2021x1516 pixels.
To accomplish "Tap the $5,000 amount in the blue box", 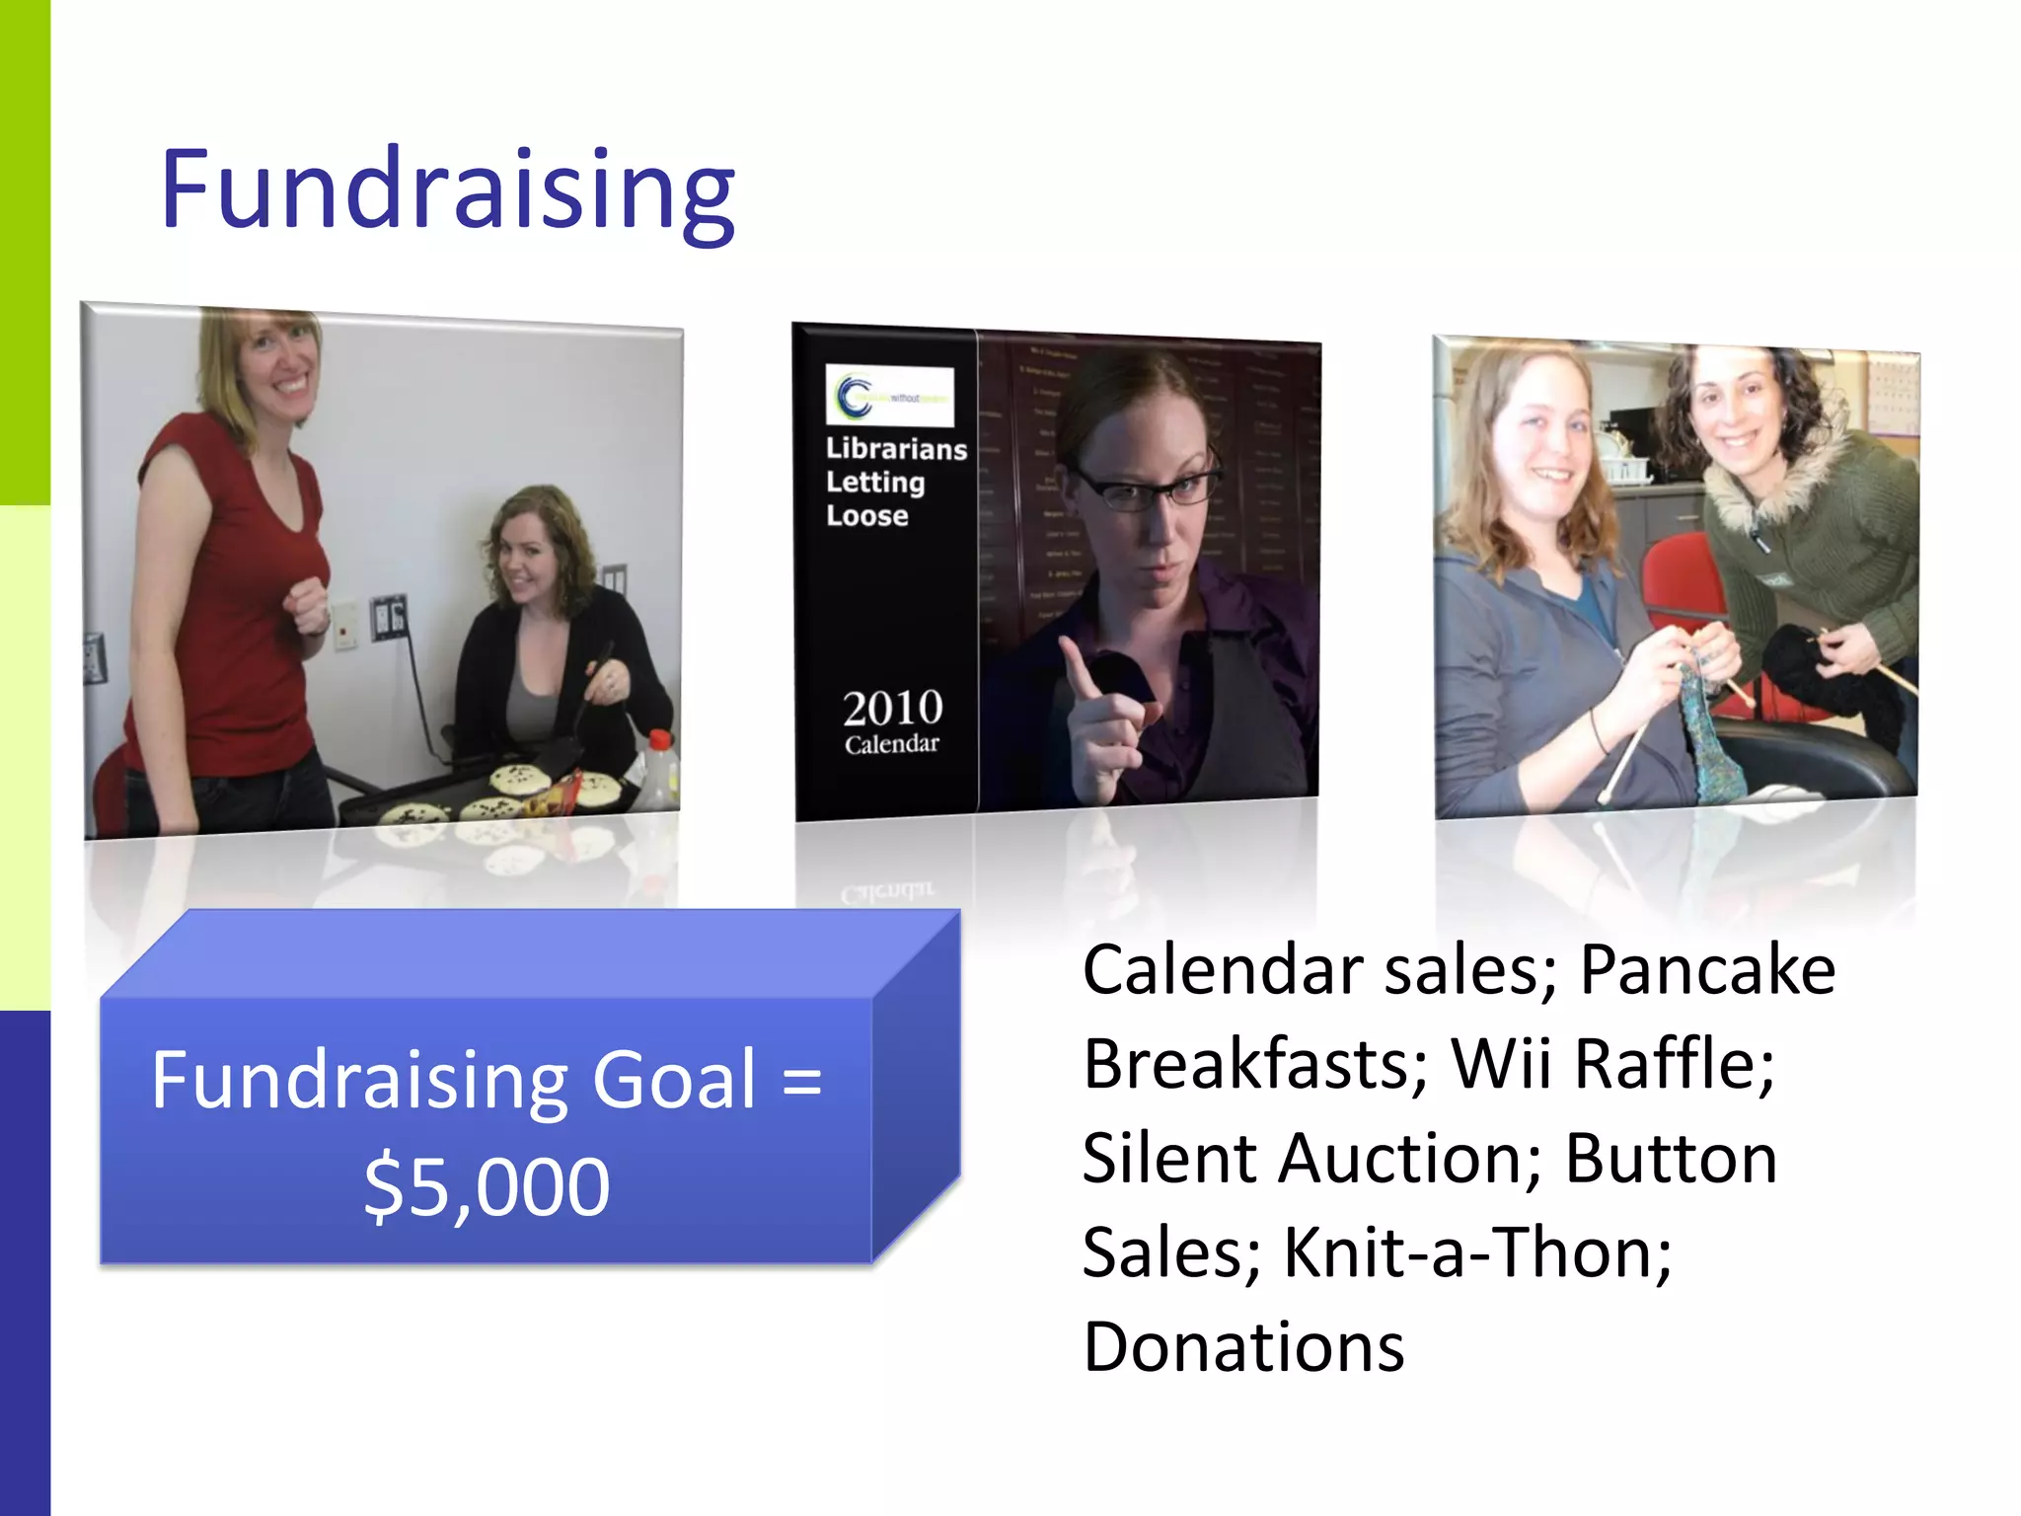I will [x=487, y=1186].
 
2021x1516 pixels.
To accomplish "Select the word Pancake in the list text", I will [x=1707, y=970].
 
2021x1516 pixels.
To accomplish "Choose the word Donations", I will [x=1243, y=1347].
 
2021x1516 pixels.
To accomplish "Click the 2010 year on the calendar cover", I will [x=892, y=708].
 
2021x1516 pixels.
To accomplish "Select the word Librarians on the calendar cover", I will [x=896, y=449].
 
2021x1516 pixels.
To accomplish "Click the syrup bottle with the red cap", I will [x=660, y=769].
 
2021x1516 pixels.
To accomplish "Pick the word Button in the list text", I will [x=1671, y=1159].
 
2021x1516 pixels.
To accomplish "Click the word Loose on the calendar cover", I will [x=866, y=516].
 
